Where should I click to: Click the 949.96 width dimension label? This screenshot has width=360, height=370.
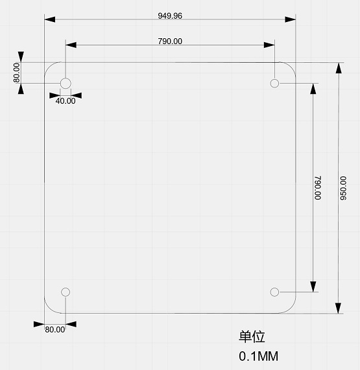pyautogui.click(x=170, y=15)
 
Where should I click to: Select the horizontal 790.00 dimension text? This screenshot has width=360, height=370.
pyautogui.click(x=170, y=41)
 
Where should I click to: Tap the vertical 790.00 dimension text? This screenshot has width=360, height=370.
pyautogui.click(x=317, y=187)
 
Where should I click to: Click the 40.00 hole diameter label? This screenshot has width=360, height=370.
pyautogui.click(x=65, y=100)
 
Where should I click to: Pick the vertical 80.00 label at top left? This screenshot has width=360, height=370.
pyautogui.click(x=17, y=72)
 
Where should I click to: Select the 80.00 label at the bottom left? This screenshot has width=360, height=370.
pyautogui.click(x=55, y=329)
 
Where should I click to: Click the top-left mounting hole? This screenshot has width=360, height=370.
pyautogui.click(x=66, y=83)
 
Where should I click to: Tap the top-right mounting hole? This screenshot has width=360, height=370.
pyautogui.click(x=274, y=83)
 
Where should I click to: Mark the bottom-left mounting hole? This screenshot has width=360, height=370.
pyautogui.click(x=66, y=292)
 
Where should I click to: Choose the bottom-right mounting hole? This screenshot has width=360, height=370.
pyautogui.click(x=274, y=292)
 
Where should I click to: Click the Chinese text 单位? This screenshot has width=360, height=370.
pyautogui.click(x=252, y=337)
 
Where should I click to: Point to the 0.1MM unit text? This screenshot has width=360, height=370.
pyautogui.click(x=258, y=356)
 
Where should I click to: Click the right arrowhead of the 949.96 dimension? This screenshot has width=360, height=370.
pyautogui.click(x=291, y=19)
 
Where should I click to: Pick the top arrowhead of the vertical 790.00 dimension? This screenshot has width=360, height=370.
pyautogui.click(x=313, y=89)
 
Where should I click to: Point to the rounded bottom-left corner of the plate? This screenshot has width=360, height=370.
pyautogui.click(x=49, y=308)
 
